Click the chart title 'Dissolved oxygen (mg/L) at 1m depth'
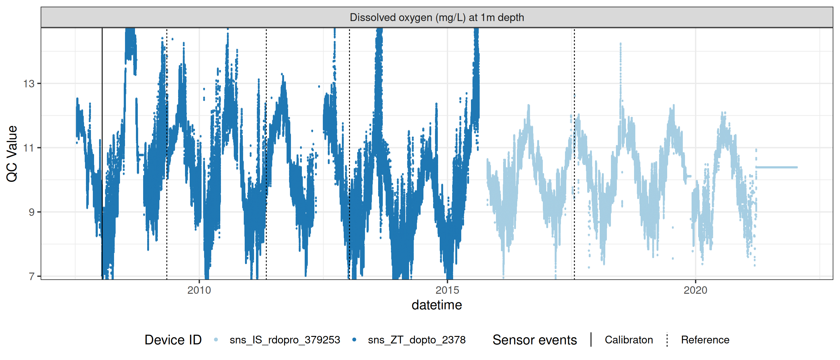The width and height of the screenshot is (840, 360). [437, 17]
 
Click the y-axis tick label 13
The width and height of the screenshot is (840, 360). [29, 84]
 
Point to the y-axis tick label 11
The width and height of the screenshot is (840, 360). [29, 148]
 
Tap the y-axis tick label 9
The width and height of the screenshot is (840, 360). [31, 212]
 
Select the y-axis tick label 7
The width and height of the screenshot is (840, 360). [31, 277]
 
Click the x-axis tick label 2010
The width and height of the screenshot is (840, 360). [199, 290]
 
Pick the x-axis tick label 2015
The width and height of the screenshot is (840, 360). [447, 290]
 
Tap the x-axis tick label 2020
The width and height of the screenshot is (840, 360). [695, 290]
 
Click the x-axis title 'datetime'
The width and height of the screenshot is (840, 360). [437, 305]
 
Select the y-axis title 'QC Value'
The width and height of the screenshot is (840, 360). [12, 153]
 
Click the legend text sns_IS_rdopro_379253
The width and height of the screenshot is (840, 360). [285, 340]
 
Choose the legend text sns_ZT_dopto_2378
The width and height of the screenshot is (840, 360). [417, 340]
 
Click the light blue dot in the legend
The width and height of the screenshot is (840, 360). [216, 340]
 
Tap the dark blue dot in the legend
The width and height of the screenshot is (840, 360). [354, 340]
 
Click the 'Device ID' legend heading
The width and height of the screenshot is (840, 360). [173, 340]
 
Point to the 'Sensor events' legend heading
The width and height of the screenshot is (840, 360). [534, 340]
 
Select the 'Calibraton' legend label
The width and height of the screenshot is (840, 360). [628, 340]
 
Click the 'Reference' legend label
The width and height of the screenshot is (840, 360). [705, 340]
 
